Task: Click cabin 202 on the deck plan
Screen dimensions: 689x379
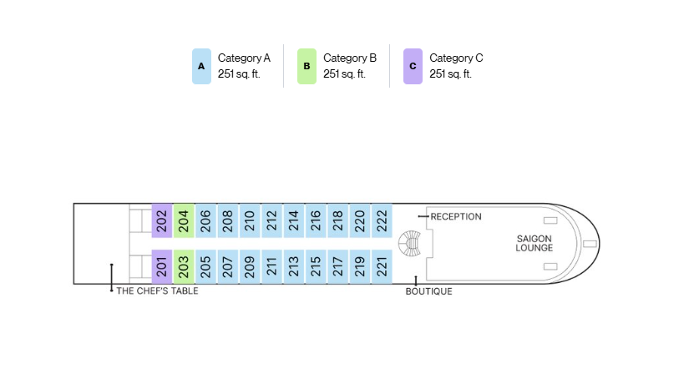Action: pos(162,220)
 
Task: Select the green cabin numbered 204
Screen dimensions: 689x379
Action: pos(184,220)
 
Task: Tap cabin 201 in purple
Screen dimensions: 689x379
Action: pos(162,266)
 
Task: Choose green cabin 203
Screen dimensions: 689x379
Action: pos(184,266)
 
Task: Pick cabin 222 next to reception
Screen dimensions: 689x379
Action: pos(382,220)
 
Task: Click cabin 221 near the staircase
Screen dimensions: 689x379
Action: pos(382,266)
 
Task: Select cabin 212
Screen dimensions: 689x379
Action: pos(271,220)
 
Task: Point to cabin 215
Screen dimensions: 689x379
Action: pos(316,266)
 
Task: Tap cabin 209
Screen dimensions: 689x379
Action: pos(250,266)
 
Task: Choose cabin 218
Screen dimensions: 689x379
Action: pos(338,220)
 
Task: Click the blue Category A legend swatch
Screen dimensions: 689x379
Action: pos(202,66)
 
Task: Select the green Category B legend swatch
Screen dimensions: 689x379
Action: pos(307,66)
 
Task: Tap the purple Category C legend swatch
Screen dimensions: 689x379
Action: pos(413,66)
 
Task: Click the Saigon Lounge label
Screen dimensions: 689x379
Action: pos(534,243)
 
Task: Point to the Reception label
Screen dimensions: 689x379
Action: pos(456,216)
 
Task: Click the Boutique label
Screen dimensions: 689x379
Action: pos(429,291)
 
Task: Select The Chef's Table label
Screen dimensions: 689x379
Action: pos(157,291)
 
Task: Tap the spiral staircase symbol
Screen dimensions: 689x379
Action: pos(409,243)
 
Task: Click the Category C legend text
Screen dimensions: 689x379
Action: pos(456,66)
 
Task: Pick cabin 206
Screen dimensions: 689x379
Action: pos(205,220)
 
